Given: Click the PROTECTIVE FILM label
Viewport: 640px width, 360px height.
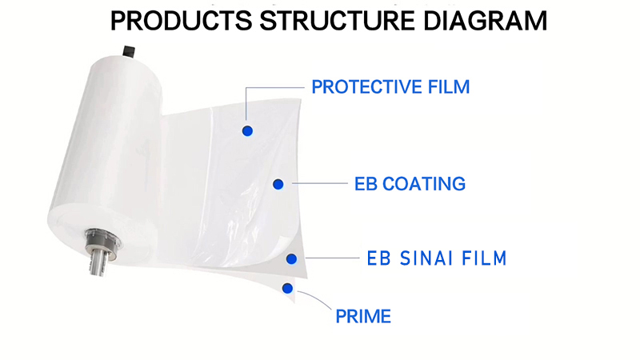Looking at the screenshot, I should (x=390, y=86).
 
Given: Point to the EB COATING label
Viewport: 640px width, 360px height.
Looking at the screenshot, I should (x=410, y=184).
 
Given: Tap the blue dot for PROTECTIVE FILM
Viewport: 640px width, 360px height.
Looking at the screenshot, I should (x=247, y=130).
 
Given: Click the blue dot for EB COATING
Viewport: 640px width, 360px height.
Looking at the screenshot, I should (x=278, y=185).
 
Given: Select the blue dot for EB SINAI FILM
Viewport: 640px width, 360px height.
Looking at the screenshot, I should (x=292, y=258).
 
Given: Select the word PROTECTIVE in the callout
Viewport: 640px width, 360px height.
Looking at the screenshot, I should (x=361, y=86).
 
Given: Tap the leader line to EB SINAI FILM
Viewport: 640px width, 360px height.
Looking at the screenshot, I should (x=328, y=258).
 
